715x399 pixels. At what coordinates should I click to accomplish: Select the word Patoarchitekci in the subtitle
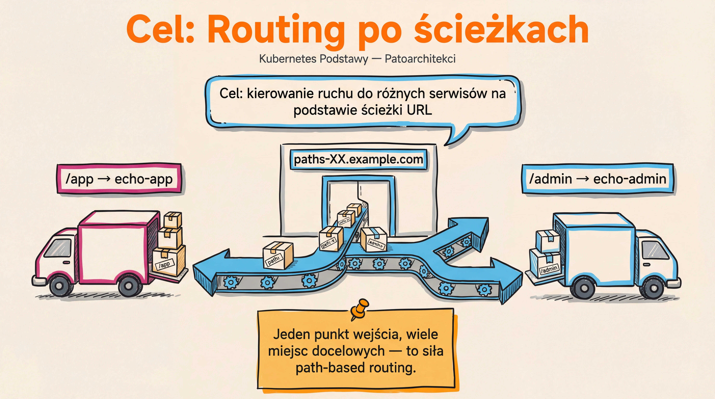[420, 59]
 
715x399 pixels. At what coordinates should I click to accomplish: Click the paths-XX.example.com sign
[358, 159]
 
